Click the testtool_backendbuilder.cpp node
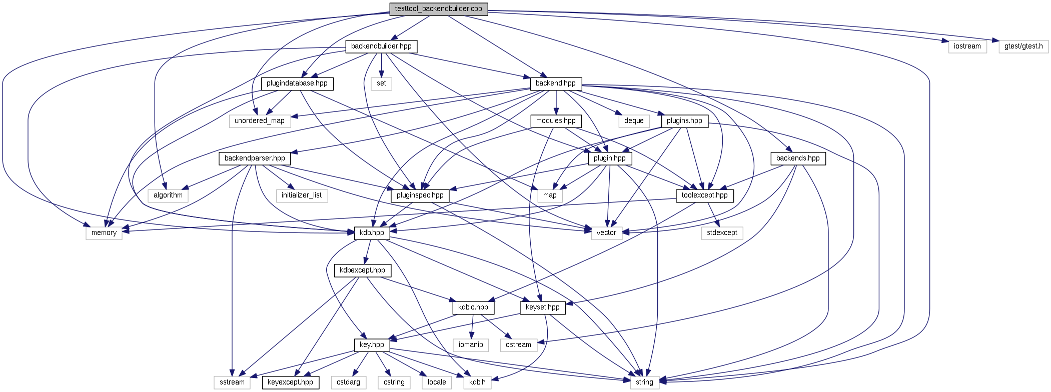point(438,9)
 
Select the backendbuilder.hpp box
point(381,46)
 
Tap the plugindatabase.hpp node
point(297,83)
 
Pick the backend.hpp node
point(555,83)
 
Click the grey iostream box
point(967,46)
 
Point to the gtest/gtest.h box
point(1023,46)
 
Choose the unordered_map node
point(260,121)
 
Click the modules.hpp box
point(556,121)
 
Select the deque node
point(634,121)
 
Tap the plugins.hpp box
point(684,121)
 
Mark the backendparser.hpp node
point(255,158)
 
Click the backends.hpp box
point(798,158)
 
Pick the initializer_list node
point(302,195)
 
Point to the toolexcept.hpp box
point(704,195)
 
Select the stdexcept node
point(722,233)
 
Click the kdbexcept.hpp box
point(362,270)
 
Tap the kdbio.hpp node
point(473,307)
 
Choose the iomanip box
point(471,345)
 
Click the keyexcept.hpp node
point(290,382)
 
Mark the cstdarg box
point(348,382)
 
